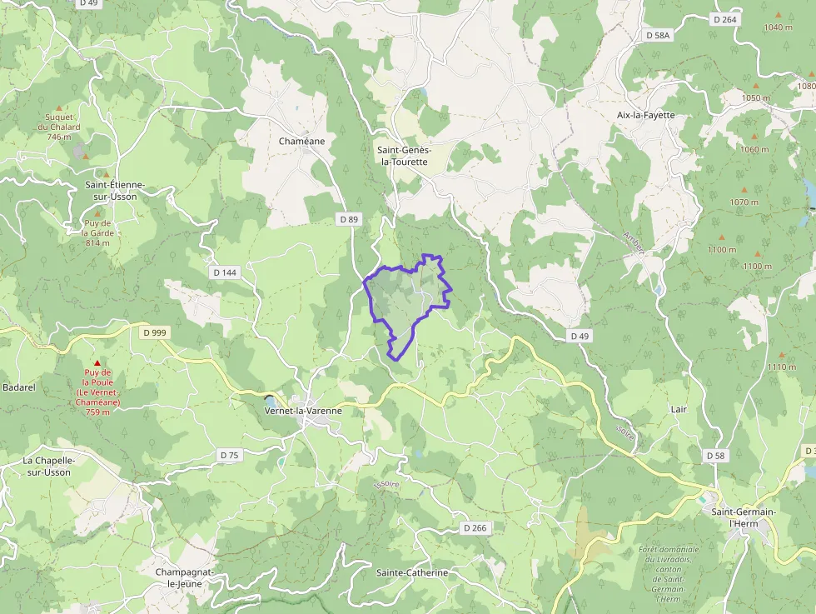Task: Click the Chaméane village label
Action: [x=301, y=142]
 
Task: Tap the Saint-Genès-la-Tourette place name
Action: [x=403, y=156]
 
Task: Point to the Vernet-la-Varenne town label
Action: [x=303, y=411]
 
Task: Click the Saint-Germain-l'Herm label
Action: [x=744, y=517]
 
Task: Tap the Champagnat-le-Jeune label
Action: [x=186, y=578]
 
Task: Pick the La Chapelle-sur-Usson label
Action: [x=47, y=467]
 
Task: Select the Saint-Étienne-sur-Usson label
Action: [x=115, y=190]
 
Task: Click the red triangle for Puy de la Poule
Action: [x=97, y=364]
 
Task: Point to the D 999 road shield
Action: [x=154, y=332]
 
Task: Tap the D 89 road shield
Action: [x=349, y=219]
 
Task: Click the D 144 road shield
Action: [x=225, y=272]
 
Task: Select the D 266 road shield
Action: [x=474, y=528]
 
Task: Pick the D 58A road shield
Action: [x=658, y=35]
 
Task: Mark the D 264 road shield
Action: [x=725, y=19]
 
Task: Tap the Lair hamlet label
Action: [x=679, y=410]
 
